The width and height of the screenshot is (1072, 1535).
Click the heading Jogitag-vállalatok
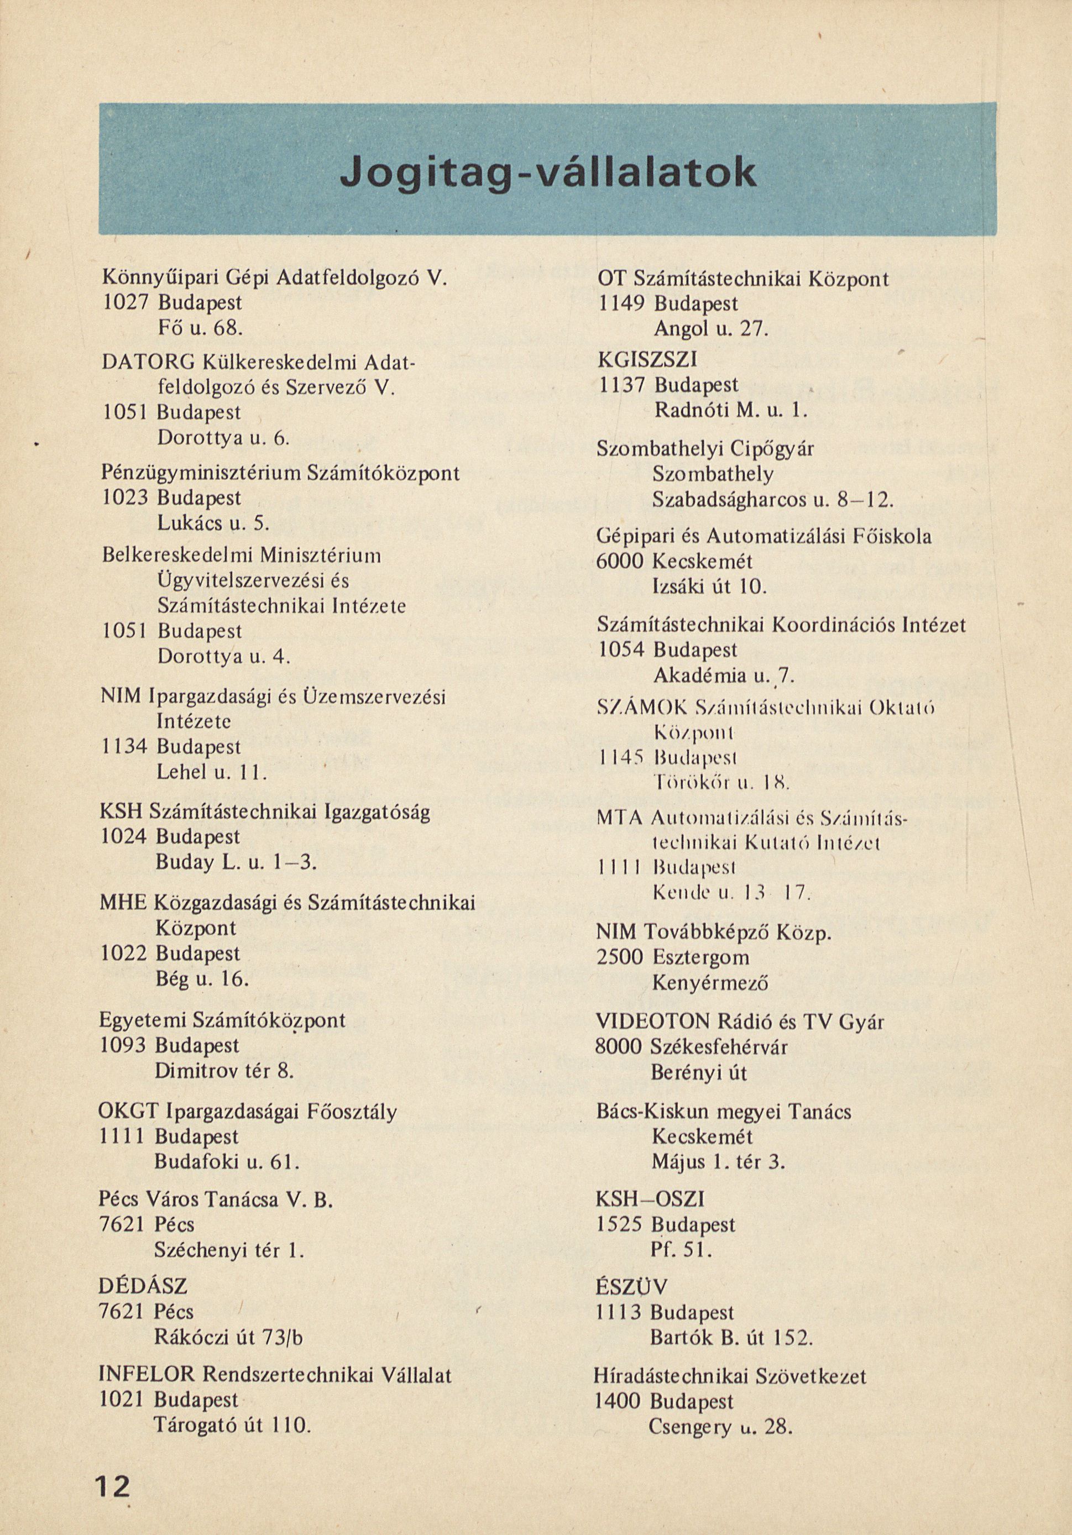tap(548, 173)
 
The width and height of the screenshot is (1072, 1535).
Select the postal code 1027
tap(124, 303)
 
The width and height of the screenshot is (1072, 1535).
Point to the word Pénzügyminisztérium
tap(200, 474)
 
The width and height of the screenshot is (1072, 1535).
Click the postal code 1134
tap(123, 747)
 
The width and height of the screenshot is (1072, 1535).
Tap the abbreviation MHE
tap(122, 903)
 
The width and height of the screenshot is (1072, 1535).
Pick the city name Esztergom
tap(700, 957)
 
